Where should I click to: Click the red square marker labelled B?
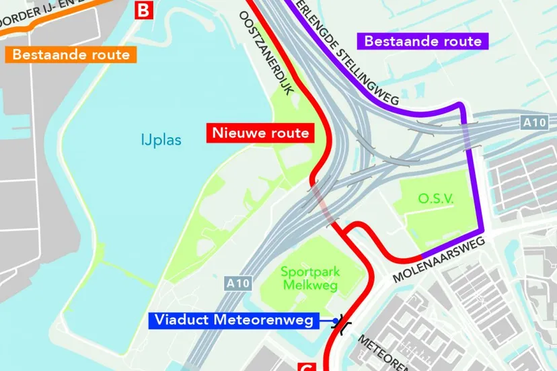point(144,9)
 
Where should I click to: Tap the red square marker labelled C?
point(305,366)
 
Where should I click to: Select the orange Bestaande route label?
point(71,54)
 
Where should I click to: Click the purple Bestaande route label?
point(422,41)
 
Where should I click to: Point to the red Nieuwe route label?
point(260,132)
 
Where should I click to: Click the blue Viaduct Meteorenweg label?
point(235,321)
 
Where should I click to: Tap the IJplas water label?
point(161,140)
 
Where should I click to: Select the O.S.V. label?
point(436,198)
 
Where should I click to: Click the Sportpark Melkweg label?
point(310,278)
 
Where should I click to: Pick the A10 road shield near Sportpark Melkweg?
point(238,283)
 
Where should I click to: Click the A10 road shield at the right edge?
point(535,122)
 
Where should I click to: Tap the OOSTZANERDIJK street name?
point(268,54)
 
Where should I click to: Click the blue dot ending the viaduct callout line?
point(333,321)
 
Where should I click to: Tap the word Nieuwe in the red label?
point(235,132)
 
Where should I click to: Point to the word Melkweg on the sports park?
point(310,286)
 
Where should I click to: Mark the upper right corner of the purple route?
point(461,106)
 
